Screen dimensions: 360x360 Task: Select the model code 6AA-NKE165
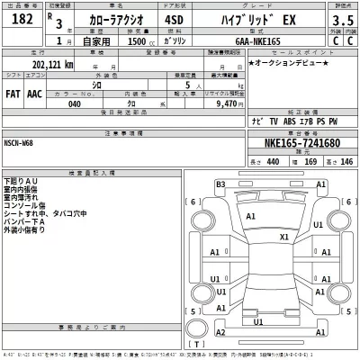click(x=265, y=41)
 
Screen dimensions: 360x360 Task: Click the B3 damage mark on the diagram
click(x=219, y=184)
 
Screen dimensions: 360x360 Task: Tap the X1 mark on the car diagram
click(x=284, y=237)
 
